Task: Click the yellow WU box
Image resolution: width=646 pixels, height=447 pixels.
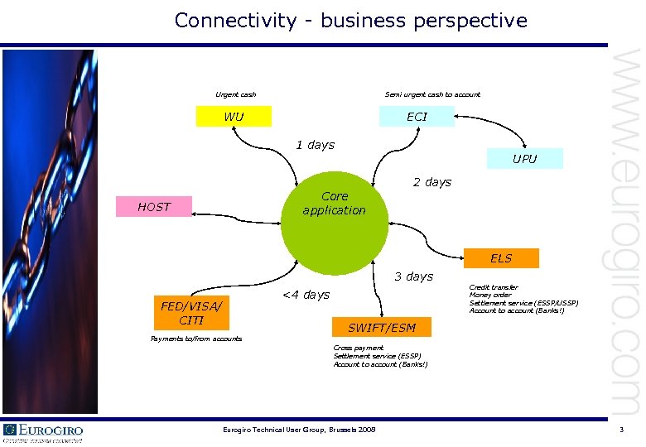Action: point(234,117)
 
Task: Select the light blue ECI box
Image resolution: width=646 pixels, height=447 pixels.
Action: point(417,117)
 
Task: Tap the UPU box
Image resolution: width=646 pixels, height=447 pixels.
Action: point(524,159)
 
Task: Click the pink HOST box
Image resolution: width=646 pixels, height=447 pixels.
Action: point(153,207)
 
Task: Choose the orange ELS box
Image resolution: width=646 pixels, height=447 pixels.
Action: point(501,258)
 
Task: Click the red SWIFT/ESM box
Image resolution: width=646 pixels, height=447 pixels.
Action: point(381,328)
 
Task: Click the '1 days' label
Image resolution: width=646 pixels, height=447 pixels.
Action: point(316,145)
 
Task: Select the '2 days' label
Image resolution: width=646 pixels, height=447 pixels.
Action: point(432,182)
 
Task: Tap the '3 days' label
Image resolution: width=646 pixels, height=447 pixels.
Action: point(413,276)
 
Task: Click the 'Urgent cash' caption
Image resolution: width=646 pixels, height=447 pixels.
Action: point(236,94)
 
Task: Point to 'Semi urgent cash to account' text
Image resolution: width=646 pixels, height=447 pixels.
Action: point(432,94)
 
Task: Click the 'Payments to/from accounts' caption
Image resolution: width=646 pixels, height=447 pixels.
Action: point(196,339)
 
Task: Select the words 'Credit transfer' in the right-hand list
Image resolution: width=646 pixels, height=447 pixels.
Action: point(494,287)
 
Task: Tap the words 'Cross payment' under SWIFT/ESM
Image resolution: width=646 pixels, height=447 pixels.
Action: point(359,348)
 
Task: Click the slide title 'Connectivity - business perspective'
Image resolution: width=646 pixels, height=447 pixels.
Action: point(350,20)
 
